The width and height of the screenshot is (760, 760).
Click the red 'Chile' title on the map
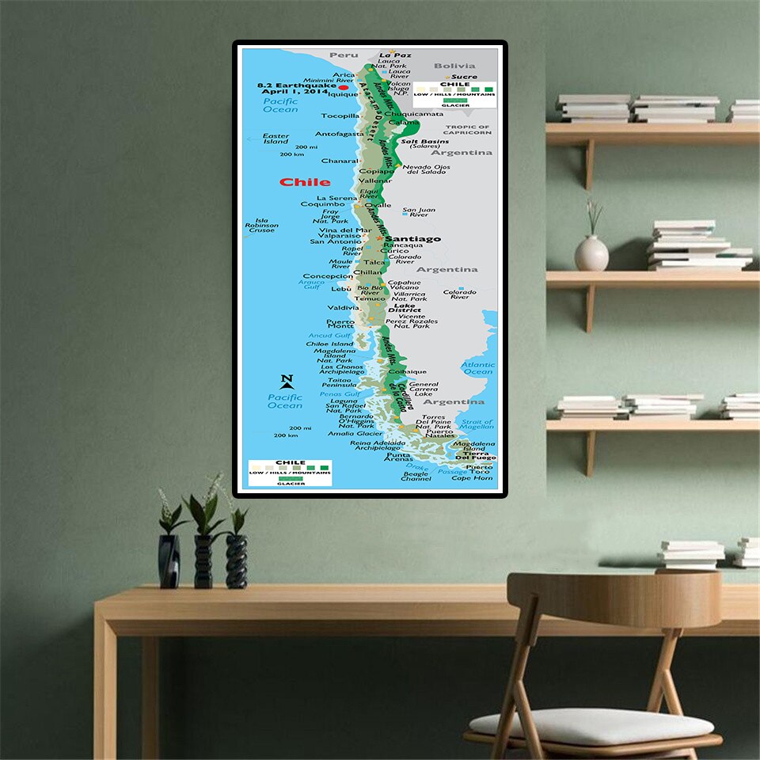point(305,182)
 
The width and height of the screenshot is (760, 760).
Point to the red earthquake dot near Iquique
point(344,88)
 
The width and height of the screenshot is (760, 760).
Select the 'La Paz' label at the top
point(395,55)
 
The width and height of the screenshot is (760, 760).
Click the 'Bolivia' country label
point(454,66)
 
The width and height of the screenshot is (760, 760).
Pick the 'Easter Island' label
point(275,139)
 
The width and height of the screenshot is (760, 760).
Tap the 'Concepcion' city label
point(328,276)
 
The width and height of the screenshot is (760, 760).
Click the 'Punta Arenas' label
point(398,458)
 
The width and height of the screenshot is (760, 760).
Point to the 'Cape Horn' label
point(472,478)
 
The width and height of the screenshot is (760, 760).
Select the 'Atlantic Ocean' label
point(477,368)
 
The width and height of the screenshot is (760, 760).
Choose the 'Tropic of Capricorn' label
point(467,130)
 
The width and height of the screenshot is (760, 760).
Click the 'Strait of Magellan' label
point(477,425)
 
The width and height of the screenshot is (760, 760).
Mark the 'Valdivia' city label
point(343,307)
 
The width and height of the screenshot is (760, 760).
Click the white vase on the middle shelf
point(591,253)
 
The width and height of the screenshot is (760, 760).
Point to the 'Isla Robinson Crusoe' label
point(261,226)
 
